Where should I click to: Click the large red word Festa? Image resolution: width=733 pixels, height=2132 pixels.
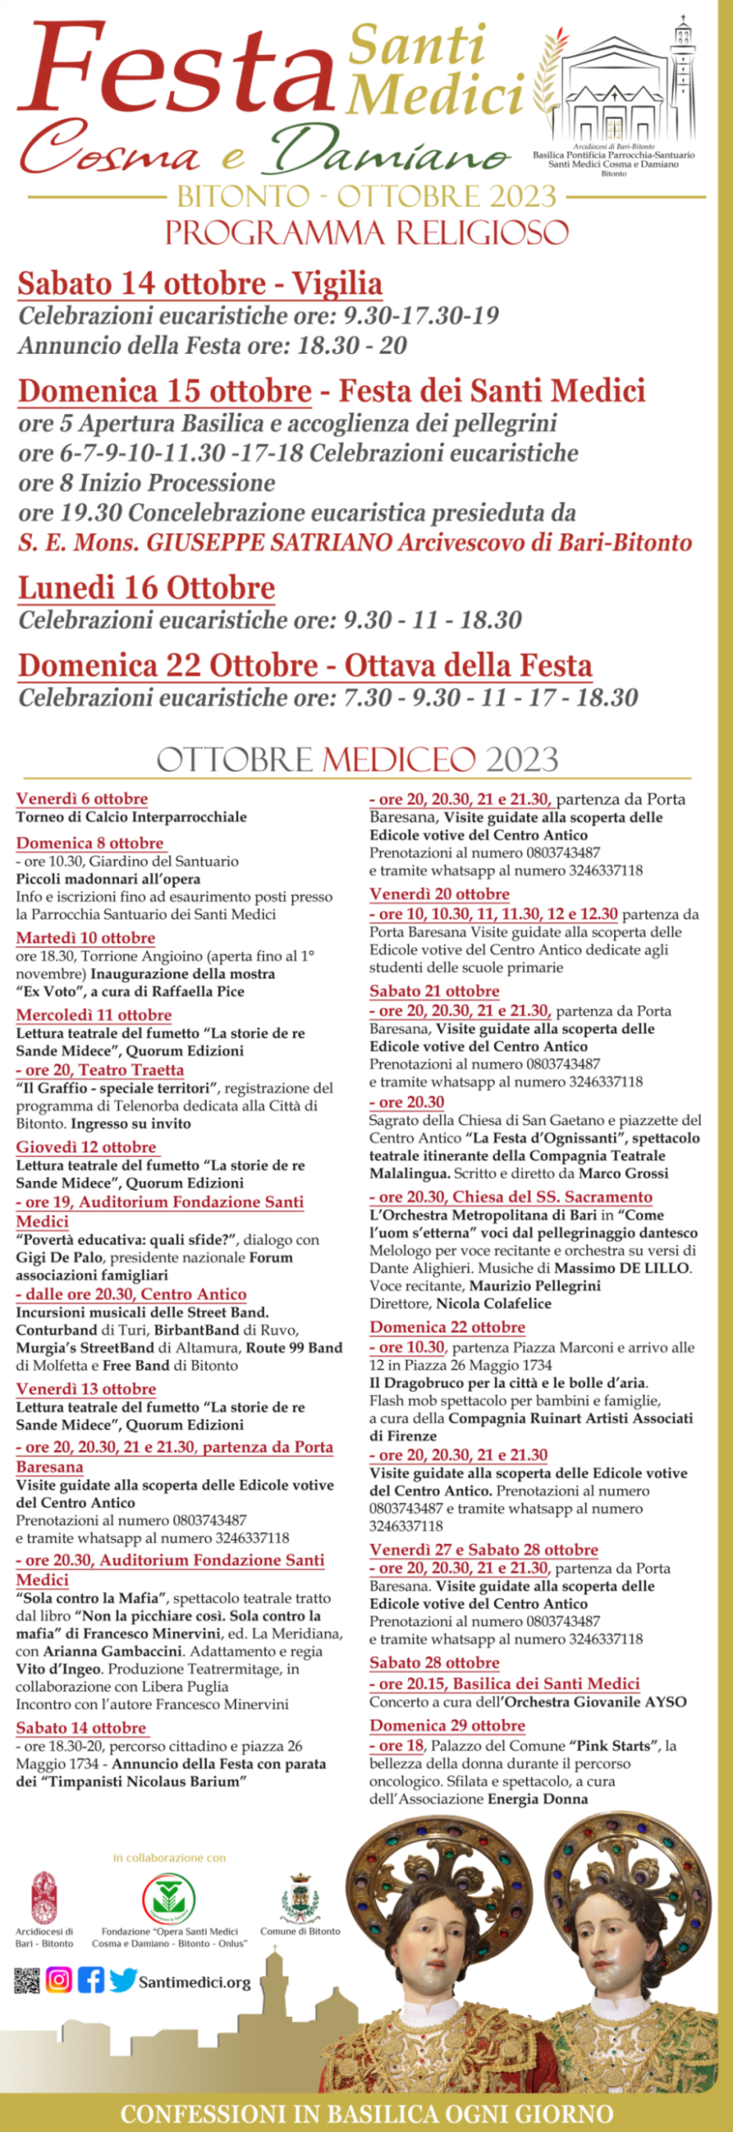(x=175, y=71)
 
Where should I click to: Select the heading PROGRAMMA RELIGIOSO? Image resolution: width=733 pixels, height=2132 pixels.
(x=366, y=232)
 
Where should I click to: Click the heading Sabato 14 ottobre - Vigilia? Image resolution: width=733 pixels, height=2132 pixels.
(x=200, y=284)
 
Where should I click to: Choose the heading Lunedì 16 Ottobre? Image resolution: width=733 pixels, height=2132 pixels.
(x=147, y=589)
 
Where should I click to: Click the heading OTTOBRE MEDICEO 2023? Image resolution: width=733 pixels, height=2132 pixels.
(x=357, y=760)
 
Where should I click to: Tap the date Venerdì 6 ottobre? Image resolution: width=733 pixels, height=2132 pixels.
(x=82, y=799)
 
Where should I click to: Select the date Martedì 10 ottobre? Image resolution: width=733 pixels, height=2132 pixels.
(x=85, y=938)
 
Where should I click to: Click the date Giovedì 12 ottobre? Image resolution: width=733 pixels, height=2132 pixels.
(x=86, y=1147)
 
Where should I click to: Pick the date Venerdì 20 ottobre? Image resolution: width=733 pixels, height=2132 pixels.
(x=439, y=894)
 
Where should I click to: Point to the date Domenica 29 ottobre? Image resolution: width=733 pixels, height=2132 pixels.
(x=447, y=1726)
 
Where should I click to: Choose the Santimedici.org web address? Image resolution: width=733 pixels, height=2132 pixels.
(x=194, y=1983)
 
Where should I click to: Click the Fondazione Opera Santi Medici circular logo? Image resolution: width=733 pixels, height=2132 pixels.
(x=169, y=1900)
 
